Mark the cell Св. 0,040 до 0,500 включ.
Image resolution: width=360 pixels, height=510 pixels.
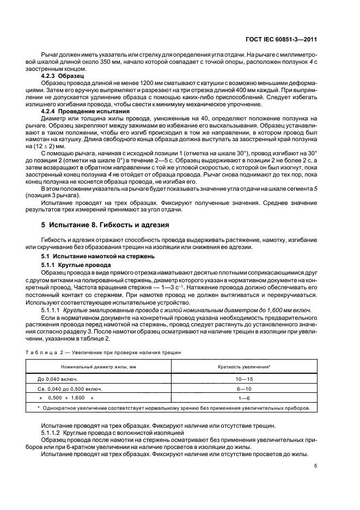pyautogui.click(x=70, y=389)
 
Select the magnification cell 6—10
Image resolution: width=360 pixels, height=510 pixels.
pyautogui.click(x=244, y=389)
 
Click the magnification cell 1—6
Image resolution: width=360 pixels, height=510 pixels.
pyautogui.click(x=244, y=399)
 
